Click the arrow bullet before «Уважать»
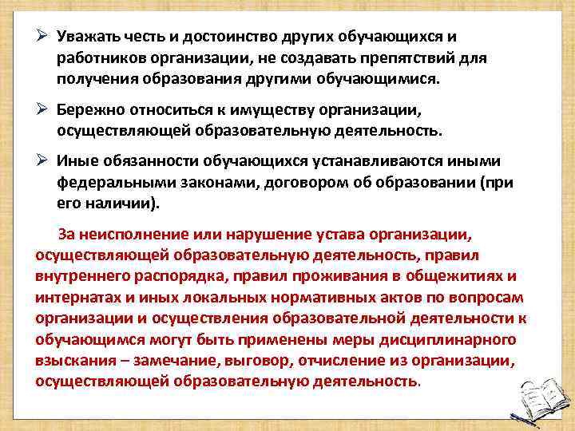(44, 38)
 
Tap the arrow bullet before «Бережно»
(44, 108)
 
